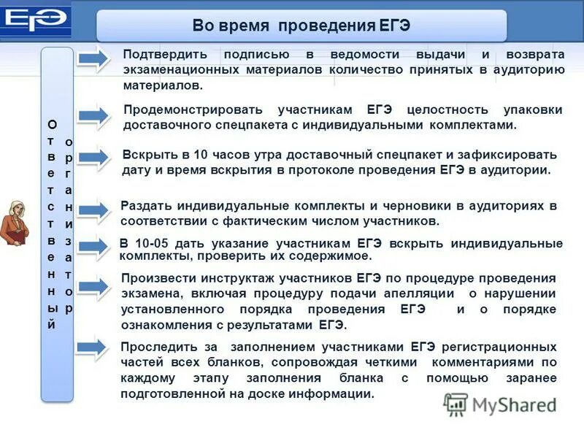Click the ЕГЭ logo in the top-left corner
pos(34,21)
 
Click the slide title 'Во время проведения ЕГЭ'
pos(301,26)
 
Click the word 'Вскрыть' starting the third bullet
pos(145,155)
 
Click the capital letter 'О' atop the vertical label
pos(51,124)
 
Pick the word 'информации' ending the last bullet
pos(335,393)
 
